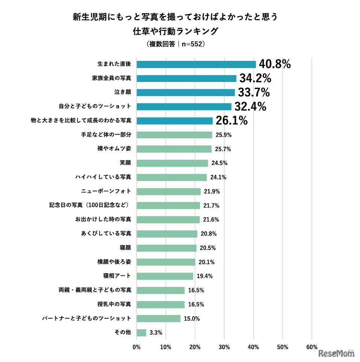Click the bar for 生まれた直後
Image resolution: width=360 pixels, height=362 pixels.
(196, 64)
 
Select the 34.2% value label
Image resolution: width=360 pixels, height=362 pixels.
(255, 78)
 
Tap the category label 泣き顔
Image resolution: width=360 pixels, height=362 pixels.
(122, 92)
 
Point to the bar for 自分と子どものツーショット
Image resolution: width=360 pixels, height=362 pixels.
(184, 107)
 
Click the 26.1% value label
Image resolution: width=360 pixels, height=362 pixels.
(231, 121)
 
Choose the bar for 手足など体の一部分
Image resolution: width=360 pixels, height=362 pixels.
(174, 135)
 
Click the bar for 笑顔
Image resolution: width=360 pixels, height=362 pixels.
(172, 163)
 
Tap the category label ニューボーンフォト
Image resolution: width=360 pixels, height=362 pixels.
(106, 191)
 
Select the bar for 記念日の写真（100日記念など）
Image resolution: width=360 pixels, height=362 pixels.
(168, 206)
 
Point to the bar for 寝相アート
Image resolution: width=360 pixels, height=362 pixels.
(165, 276)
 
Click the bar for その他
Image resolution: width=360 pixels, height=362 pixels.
(141, 333)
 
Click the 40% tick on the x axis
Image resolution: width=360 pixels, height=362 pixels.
(253, 347)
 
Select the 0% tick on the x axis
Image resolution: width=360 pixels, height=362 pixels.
(136, 347)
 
